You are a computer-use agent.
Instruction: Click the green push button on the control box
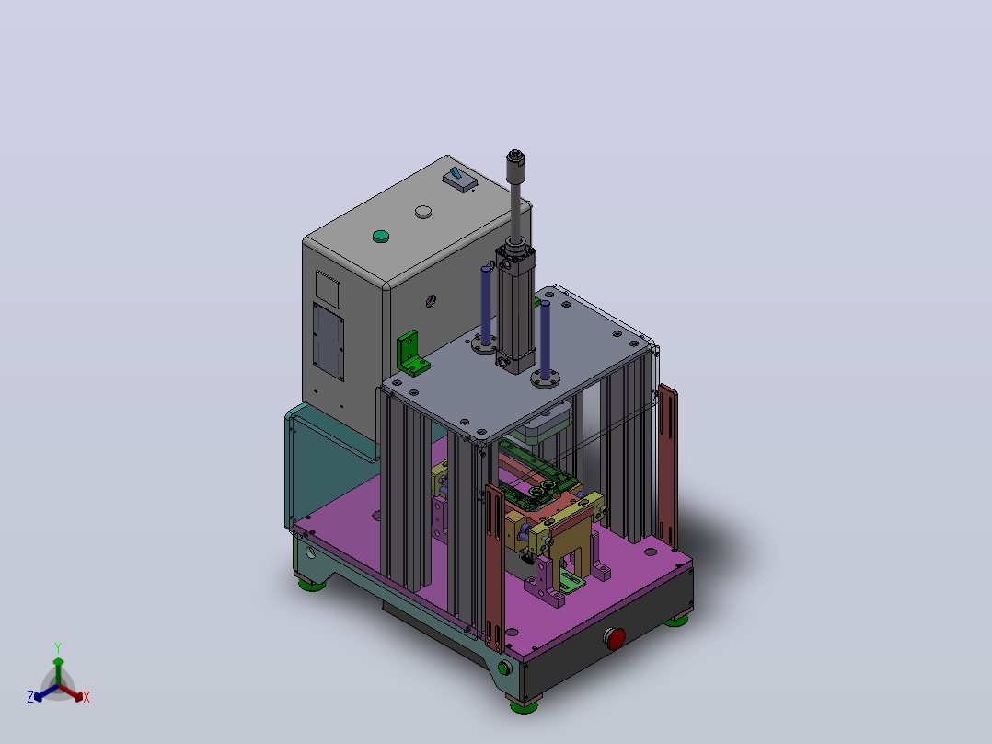[380, 236]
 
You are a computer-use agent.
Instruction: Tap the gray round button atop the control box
[423, 212]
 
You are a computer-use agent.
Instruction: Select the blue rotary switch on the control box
[459, 179]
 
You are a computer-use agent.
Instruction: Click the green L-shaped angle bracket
[412, 354]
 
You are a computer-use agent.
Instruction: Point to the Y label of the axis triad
[58, 647]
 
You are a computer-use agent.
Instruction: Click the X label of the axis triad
[87, 697]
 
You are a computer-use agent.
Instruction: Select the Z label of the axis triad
[30, 697]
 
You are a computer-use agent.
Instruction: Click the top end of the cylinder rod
[515, 154]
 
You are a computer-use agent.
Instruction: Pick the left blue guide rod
[486, 305]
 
